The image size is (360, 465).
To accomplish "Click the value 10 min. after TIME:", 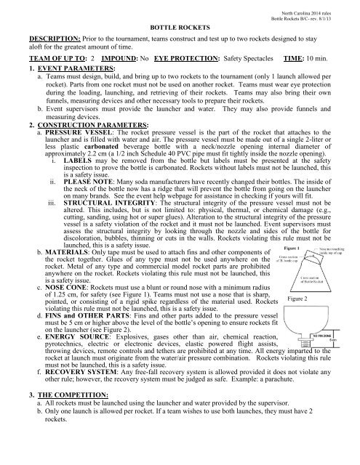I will point(330,62).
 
